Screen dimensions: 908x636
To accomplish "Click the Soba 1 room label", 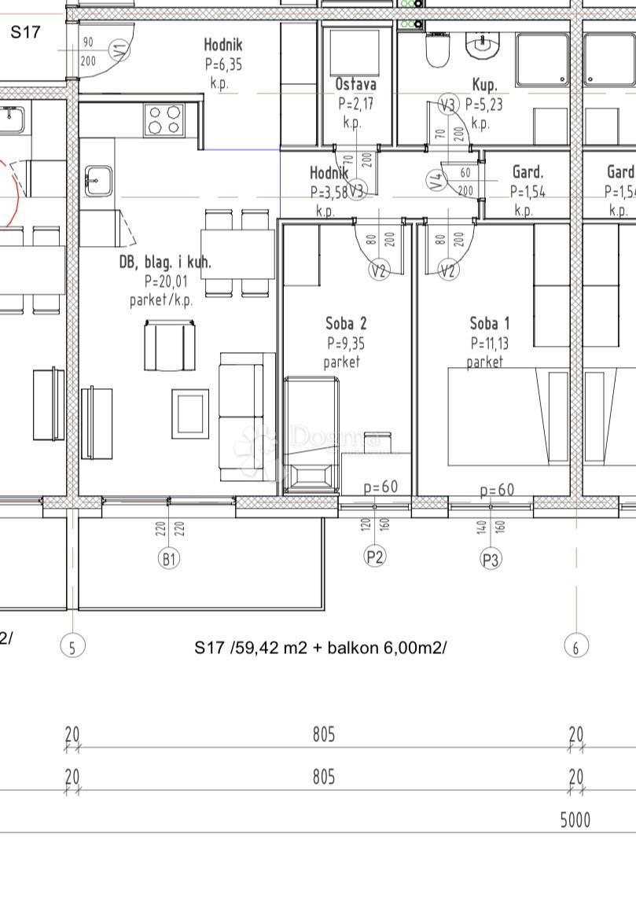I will coord(490,323).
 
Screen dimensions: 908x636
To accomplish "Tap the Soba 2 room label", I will coord(346,323).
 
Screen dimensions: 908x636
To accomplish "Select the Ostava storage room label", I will coord(355,85).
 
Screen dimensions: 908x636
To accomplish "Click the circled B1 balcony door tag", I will coord(169,559).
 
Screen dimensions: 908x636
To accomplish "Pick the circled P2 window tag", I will coord(375,557).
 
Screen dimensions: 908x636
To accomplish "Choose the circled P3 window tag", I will coord(491,559).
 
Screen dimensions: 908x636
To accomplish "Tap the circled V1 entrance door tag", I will coord(119,52).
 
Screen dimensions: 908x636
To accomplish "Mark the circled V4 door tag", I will coord(437,181).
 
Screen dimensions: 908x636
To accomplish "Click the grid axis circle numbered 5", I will coord(72,646).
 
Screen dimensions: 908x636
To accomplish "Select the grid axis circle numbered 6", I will coord(576,646).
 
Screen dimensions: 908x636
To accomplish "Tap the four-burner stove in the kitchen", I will coord(164,120).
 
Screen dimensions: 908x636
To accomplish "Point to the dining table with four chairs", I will coord(237,252).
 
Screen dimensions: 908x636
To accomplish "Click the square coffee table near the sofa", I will coord(190,414).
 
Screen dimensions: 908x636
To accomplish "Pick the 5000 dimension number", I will coord(575,821).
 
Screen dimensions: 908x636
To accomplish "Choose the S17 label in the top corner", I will coord(24,32).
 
